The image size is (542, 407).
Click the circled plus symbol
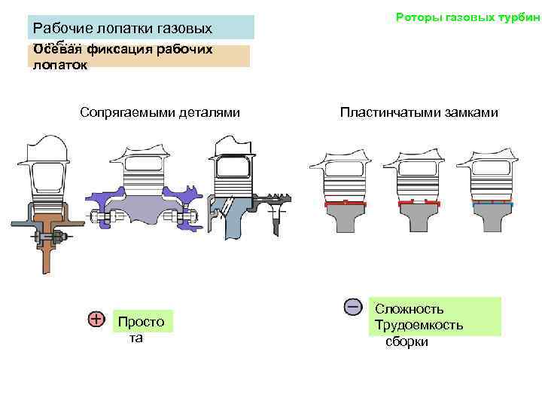[96, 320]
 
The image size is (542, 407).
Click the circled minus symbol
[352, 307]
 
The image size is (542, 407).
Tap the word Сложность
[410, 309]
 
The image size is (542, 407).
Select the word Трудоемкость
[419, 326]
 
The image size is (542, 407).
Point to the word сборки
[406, 341]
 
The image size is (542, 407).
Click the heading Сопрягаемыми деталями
[160, 113]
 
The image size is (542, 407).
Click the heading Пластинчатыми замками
[419, 113]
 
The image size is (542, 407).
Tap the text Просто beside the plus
[140, 322]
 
